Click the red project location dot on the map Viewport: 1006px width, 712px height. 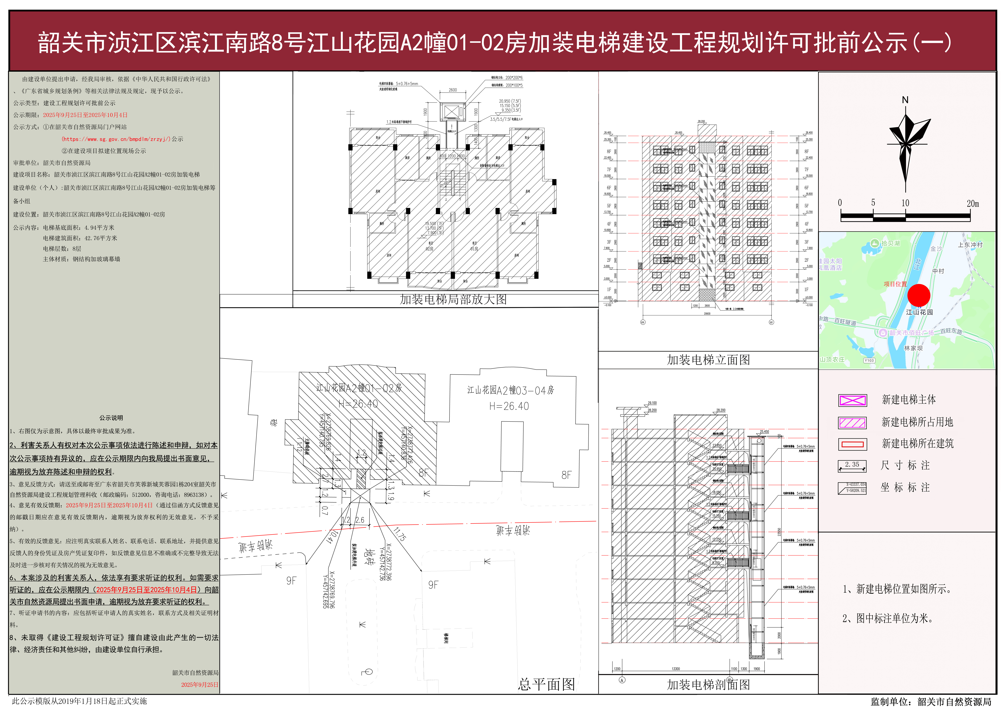point(918,295)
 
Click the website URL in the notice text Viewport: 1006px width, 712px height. point(116,139)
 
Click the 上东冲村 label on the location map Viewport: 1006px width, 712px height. point(970,245)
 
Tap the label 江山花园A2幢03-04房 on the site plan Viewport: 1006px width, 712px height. point(510,390)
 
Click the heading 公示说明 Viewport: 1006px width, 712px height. point(111,418)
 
